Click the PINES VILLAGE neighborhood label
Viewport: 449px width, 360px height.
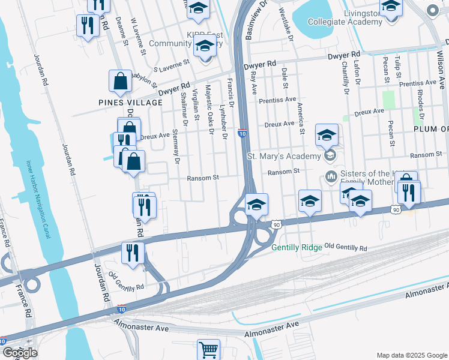[131, 103]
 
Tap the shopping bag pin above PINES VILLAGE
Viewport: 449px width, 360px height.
[120, 82]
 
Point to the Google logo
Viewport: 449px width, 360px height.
[20, 353]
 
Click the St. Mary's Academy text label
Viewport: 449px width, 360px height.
[284, 157]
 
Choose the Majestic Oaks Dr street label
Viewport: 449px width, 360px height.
[210, 107]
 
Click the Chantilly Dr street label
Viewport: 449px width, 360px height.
[346, 78]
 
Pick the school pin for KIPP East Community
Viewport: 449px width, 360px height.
[205, 47]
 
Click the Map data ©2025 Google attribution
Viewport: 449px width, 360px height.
[412, 355]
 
